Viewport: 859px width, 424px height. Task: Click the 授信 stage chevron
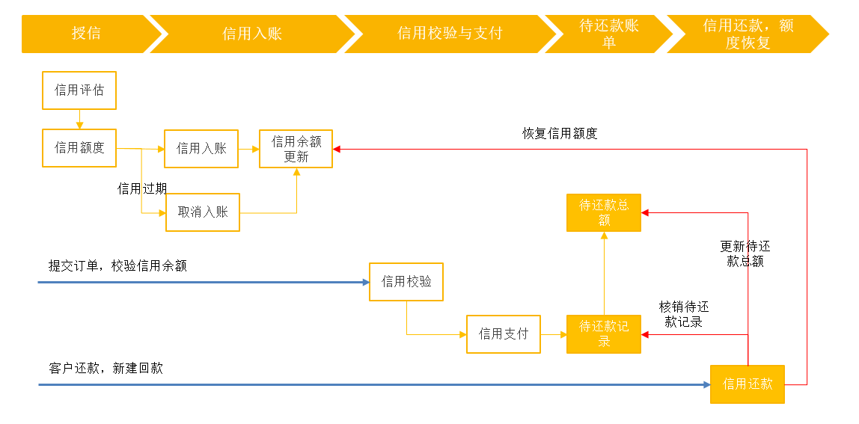[x=88, y=34]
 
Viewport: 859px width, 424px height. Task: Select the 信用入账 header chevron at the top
[x=252, y=34]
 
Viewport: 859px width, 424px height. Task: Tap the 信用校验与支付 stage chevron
[x=449, y=34]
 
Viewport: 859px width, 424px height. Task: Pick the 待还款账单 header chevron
[x=609, y=34]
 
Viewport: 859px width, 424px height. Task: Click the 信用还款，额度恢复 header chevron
[x=748, y=34]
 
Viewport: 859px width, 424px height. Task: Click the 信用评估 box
[x=79, y=90]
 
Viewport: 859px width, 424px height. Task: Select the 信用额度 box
[x=79, y=148]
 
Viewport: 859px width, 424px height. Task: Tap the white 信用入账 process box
[x=201, y=149]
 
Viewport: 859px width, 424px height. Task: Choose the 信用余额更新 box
[x=296, y=149]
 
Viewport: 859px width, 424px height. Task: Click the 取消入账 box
[x=203, y=212]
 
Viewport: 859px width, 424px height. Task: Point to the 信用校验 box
[x=406, y=282]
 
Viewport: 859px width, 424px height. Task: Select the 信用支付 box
[x=504, y=334]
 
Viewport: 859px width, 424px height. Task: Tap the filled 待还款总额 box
[x=604, y=212]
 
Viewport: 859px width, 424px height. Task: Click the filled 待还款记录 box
[x=604, y=334]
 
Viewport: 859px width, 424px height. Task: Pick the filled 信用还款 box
[x=748, y=384]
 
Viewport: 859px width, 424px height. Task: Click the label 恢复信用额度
[x=560, y=134]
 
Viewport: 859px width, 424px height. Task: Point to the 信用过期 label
[x=142, y=188]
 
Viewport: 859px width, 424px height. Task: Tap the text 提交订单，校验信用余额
[x=117, y=266]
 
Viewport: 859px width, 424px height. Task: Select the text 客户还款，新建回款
[x=106, y=369]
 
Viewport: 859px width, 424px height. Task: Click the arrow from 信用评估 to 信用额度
[x=79, y=119]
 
